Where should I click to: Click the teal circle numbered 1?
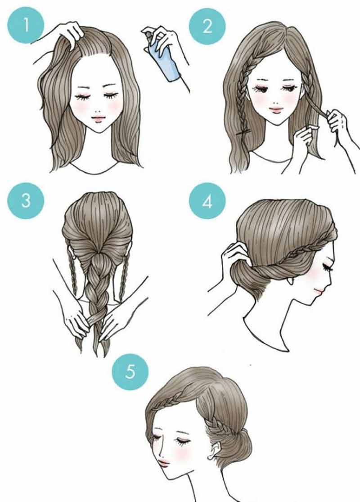(26, 25)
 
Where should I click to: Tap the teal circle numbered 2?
(207, 26)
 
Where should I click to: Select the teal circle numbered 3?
(26, 201)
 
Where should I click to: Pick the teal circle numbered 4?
(207, 201)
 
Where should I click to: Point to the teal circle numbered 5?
(130, 372)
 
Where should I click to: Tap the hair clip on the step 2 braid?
(244, 132)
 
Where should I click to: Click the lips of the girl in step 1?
(98, 118)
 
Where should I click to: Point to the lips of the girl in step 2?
(276, 110)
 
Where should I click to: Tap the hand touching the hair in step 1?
(69, 32)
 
